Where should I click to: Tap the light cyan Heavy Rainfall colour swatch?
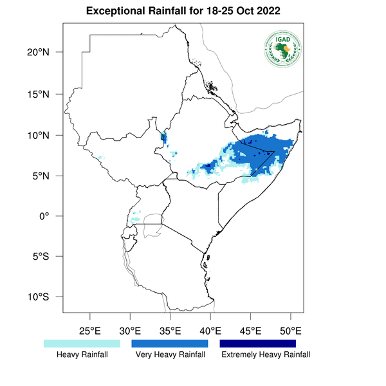click(x=82, y=344)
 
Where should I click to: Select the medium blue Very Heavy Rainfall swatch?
click(x=170, y=344)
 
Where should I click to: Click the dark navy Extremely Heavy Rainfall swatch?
click(x=257, y=344)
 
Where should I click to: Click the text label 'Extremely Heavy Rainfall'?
click(x=266, y=355)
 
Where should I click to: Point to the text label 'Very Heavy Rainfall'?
click(x=170, y=355)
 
